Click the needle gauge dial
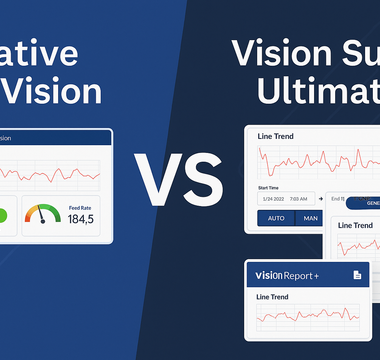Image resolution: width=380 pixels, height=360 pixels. click(42, 215)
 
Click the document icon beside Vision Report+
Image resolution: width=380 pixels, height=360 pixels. click(356, 275)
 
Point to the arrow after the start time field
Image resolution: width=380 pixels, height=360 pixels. click(322, 199)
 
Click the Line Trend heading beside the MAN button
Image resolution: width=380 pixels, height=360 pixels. click(356, 226)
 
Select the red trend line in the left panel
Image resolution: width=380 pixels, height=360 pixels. click(50, 175)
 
